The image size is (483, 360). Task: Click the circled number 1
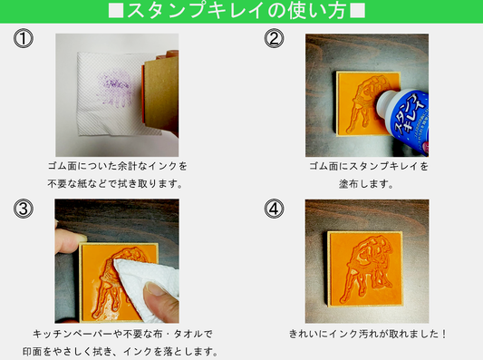click(x=23, y=38)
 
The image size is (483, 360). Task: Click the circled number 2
click(x=274, y=38)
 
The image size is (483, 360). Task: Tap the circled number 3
click(x=23, y=209)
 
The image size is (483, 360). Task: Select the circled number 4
click(x=274, y=209)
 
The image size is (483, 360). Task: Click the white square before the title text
click(x=116, y=11)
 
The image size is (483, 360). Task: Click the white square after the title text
click(x=358, y=11)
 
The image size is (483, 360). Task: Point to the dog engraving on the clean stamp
click(x=367, y=268)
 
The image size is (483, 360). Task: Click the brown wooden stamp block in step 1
click(x=160, y=92)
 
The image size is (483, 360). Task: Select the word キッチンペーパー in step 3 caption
click(x=72, y=334)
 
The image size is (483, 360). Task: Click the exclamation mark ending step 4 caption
click(x=443, y=334)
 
